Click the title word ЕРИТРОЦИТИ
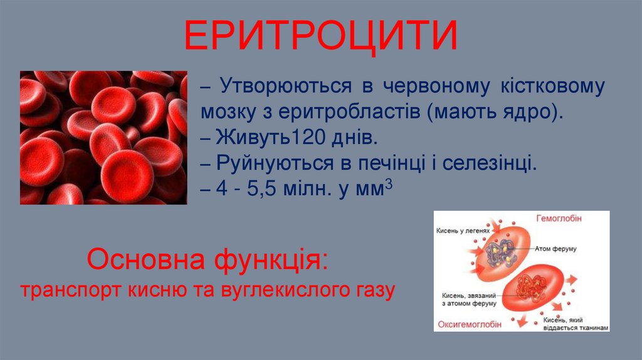pyautogui.click(x=320, y=37)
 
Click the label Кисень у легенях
pyautogui.click(x=463, y=230)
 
